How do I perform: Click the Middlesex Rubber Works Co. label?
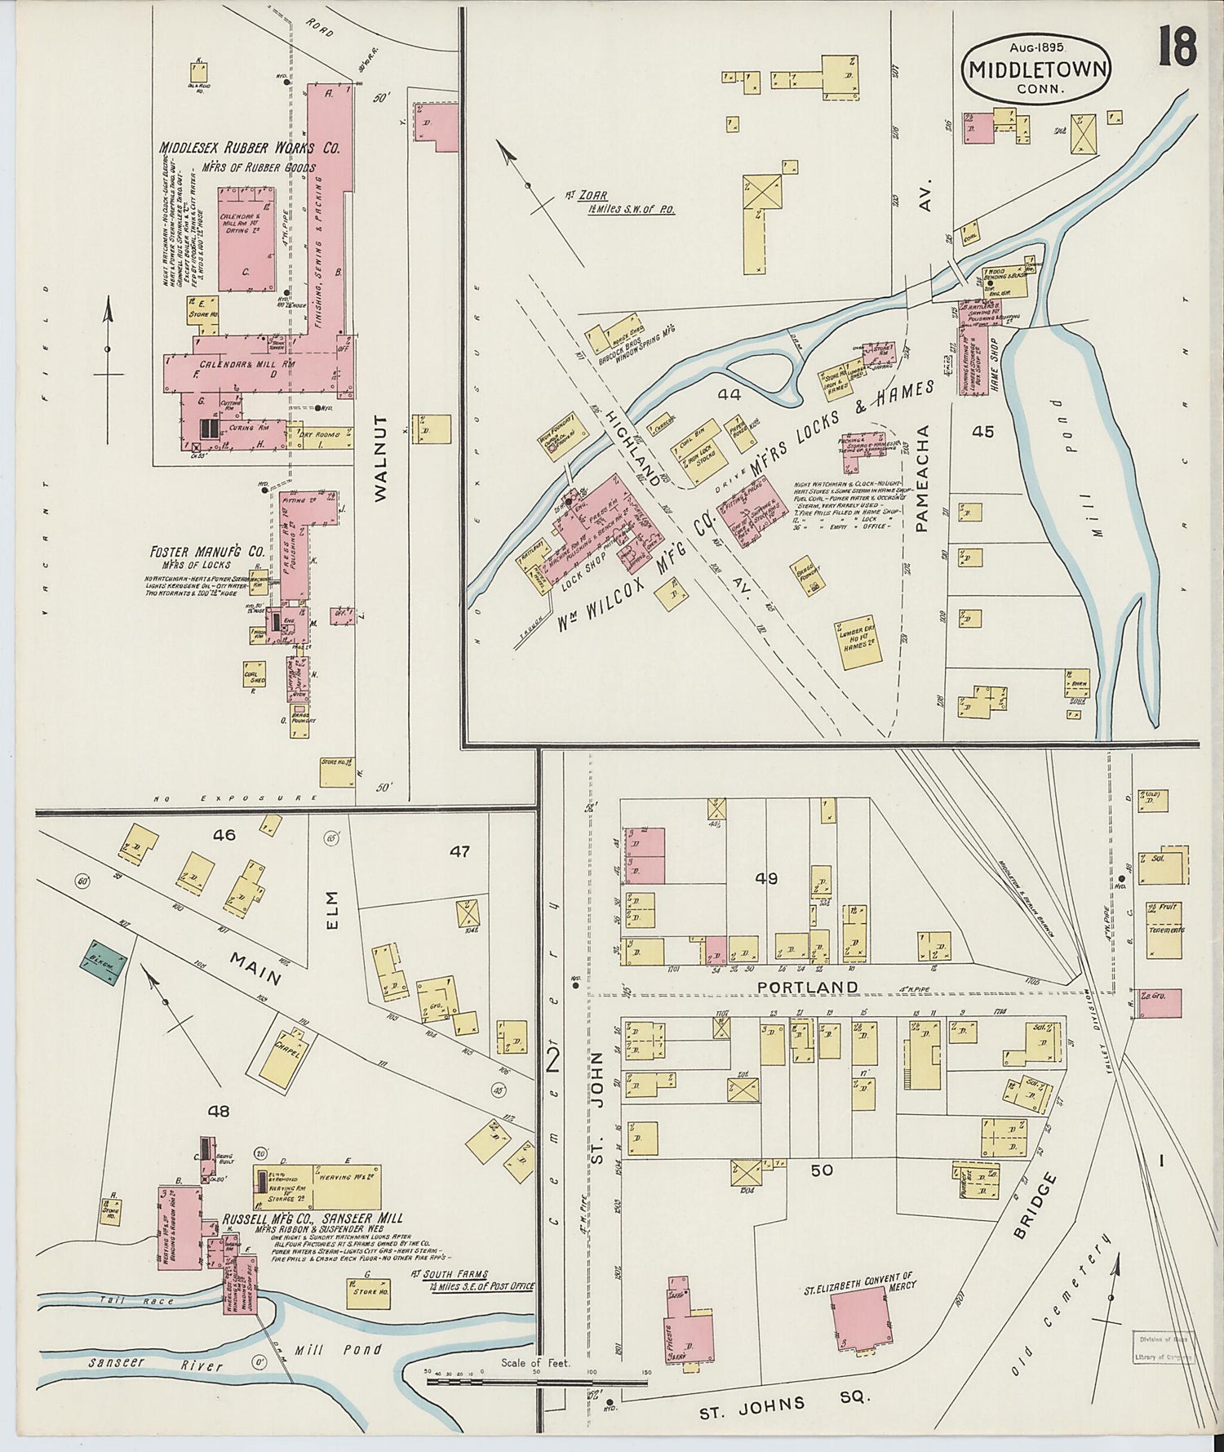tap(250, 149)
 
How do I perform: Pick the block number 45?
tap(982, 431)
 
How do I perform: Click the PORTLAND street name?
tap(808, 987)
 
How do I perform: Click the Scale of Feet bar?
tap(536, 1383)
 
